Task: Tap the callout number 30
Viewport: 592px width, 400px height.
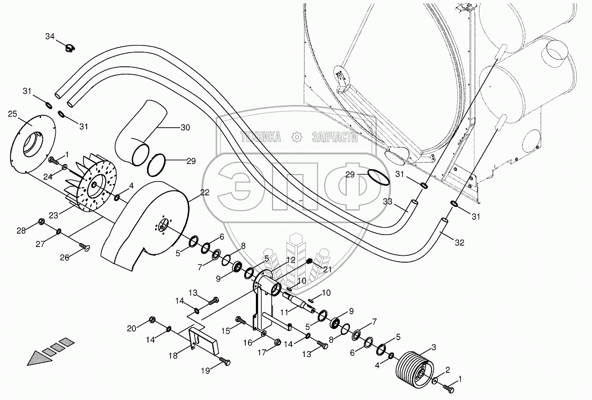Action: (x=185, y=128)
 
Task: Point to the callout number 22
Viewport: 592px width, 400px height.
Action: (x=204, y=193)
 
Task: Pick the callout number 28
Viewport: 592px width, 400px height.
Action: (x=21, y=230)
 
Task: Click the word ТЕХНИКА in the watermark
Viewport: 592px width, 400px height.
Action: (x=260, y=136)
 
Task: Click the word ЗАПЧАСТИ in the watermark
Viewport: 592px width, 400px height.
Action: (x=335, y=136)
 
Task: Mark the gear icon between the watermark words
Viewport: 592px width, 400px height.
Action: (x=296, y=136)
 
